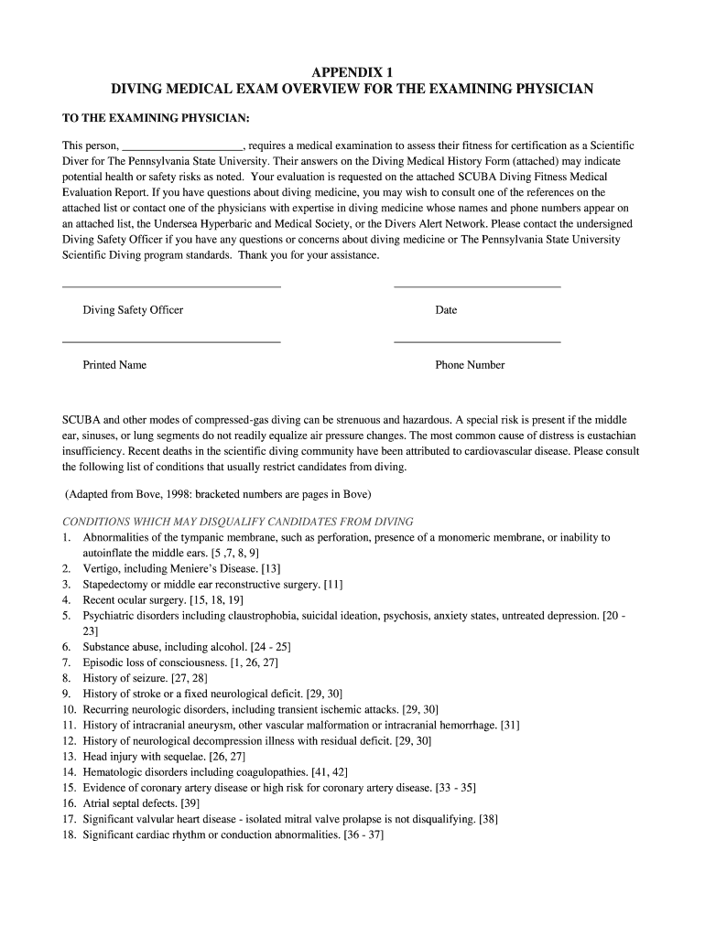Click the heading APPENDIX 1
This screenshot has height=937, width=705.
(352, 71)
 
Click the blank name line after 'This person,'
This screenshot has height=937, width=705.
(182, 146)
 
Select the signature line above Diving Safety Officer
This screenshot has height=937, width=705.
(170, 287)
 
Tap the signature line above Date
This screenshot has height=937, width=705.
(476, 287)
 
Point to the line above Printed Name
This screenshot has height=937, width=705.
(170, 342)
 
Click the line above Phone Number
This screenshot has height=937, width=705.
(476, 342)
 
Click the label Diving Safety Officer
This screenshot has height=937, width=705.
(133, 310)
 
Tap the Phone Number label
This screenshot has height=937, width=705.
(470, 365)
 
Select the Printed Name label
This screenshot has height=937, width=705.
(114, 365)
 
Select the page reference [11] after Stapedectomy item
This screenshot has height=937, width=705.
(333, 584)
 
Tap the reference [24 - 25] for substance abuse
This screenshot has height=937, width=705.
(265, 647)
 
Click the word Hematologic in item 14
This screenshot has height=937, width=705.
(114, 772)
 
